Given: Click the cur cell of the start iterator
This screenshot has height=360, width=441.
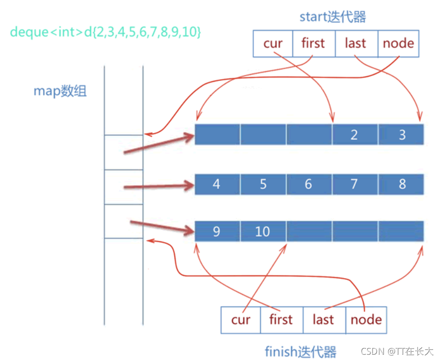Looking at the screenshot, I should [272, 44].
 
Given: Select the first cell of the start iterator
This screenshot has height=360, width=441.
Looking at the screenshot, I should [313, 44].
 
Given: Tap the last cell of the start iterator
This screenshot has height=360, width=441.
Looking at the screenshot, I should [356, 44].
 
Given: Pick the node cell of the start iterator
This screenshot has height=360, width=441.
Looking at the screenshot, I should [398, 44].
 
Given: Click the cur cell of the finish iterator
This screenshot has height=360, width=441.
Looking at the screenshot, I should [241, 320].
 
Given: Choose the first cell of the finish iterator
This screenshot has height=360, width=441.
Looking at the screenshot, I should [281, 320].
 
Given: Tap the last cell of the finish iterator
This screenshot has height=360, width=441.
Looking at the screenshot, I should [324, 320].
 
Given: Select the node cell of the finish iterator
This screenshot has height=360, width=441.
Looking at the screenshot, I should [366, 320].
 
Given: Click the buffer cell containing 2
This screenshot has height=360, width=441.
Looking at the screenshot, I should [354, 135].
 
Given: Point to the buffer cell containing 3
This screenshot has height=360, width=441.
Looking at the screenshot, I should [401, 135].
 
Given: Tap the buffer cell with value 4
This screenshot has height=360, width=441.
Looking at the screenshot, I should [216, 184].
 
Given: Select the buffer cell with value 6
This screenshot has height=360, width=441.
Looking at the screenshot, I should [308, 184].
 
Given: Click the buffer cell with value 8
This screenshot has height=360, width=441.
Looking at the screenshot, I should [401, 184].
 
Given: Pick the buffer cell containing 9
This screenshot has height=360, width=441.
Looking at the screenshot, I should [216, 232].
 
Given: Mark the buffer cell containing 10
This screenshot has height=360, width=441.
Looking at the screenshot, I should [262, 232].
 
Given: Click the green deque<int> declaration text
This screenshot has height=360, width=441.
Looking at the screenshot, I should [105, 32].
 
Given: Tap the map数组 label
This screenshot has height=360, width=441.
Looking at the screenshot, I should [60, 91].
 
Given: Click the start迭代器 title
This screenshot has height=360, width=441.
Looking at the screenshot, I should [333, 17].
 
